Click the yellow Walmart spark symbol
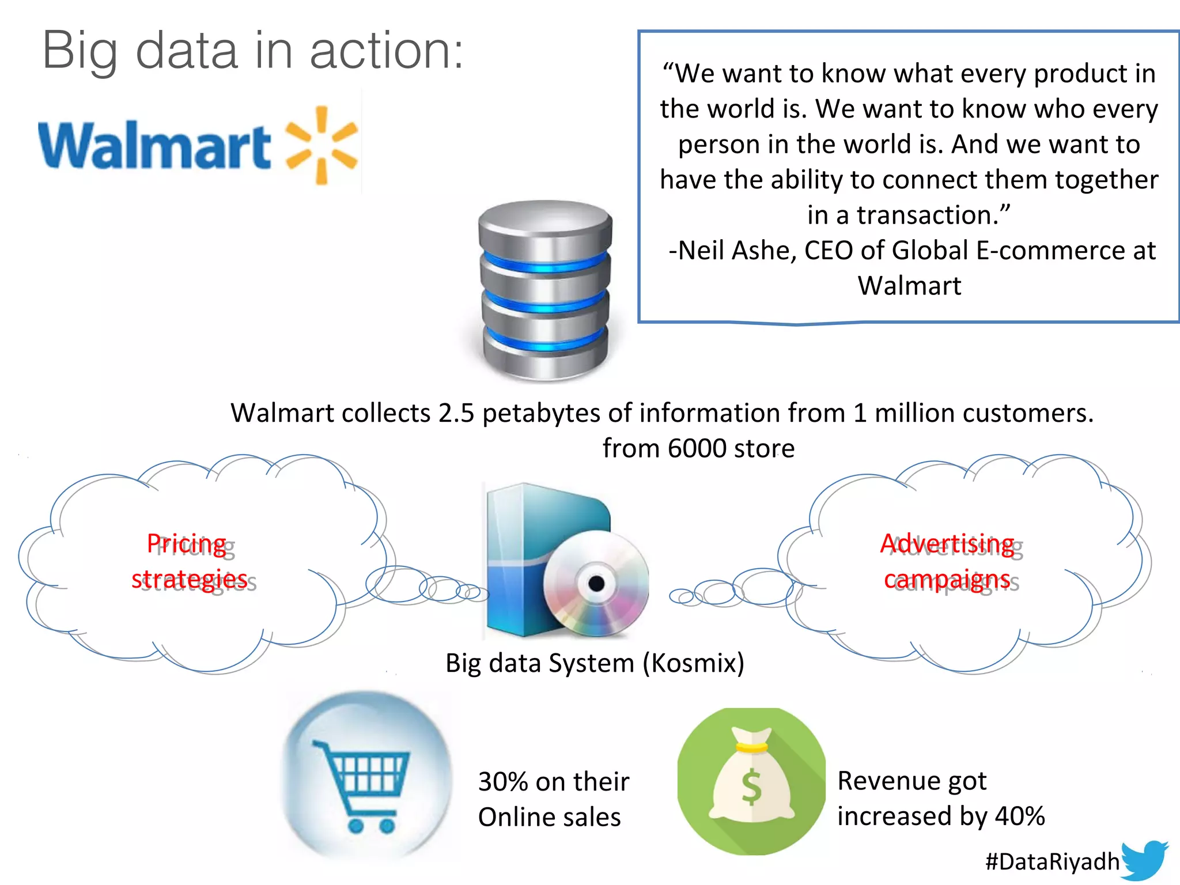click(x=322, y=145)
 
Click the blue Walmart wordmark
click(x=154, y=145)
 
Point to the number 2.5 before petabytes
click(x=456, y=413)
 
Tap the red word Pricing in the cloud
click(x=186, y=544)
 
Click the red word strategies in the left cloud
click(x=190, y=579)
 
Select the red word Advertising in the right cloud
click(x=947, y=544)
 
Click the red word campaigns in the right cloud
click(x=947, y=580)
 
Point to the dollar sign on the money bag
click(x=751, y=787)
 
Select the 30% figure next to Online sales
click(x=503, y=782)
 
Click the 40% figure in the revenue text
click(x=1020, y=816)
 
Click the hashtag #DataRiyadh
click(x=1052, y=862)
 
